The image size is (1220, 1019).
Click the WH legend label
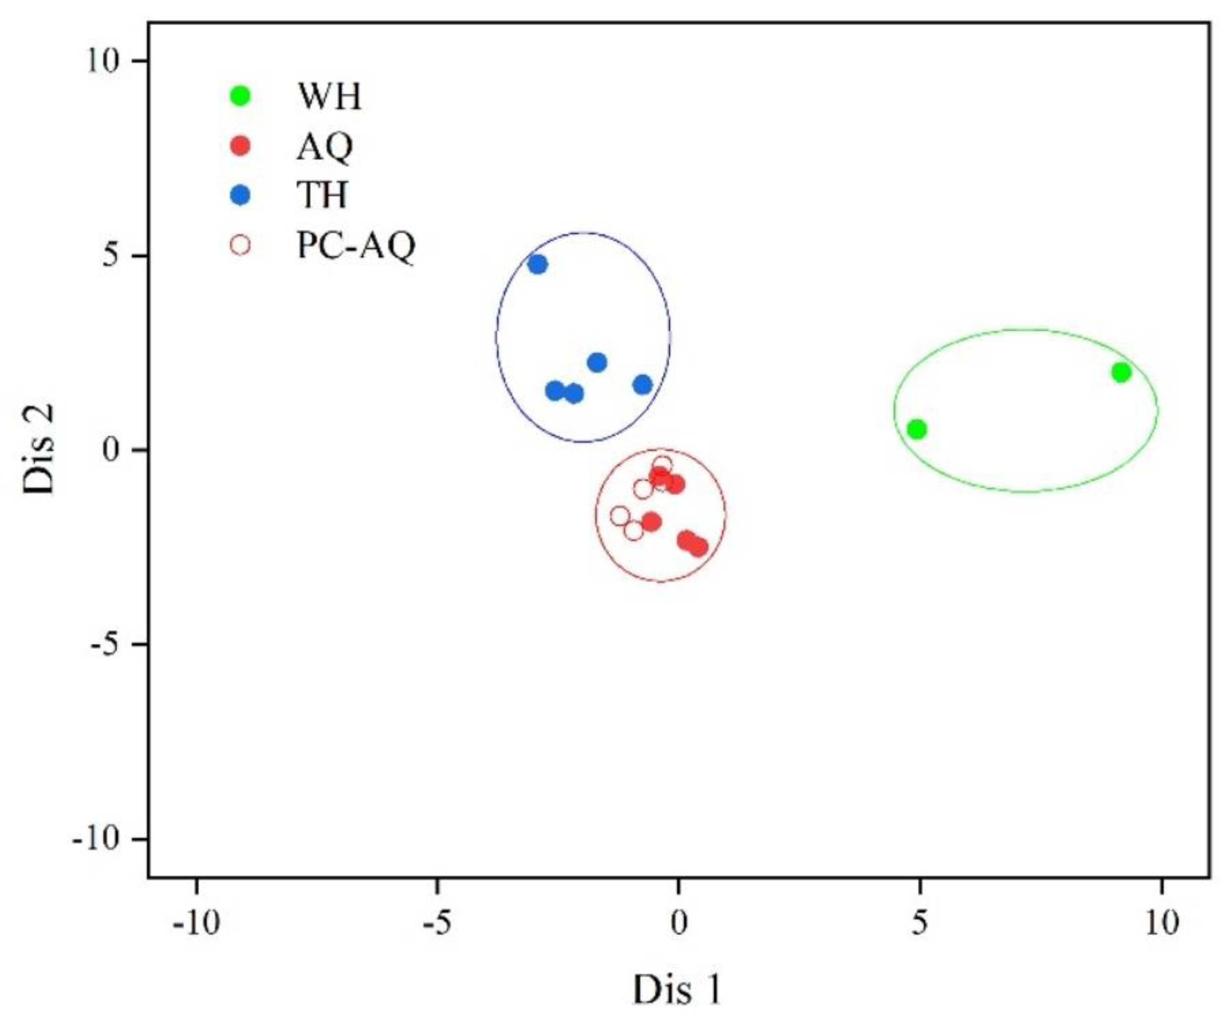pos(329,97)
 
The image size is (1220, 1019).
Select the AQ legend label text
pos(325,147)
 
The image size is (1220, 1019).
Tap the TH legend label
pos(322,196)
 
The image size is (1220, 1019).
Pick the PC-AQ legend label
pos(356,246)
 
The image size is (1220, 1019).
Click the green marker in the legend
pos(240,97)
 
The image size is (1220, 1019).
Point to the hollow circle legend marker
pos(240,245)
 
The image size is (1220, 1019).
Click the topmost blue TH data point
pos(538,265)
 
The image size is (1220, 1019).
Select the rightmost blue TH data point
pos(643,385)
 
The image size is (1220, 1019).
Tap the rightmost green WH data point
pos(1121,372)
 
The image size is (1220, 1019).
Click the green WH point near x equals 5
pos(917,430)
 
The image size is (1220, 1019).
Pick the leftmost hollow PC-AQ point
pos(620,516)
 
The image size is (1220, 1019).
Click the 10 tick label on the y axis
pos(106,61)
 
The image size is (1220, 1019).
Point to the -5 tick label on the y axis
pos(110,645)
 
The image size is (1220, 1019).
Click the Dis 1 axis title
pos(677,989)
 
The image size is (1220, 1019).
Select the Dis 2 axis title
pos(40,449)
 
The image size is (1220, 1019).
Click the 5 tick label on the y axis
pos(115,256)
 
